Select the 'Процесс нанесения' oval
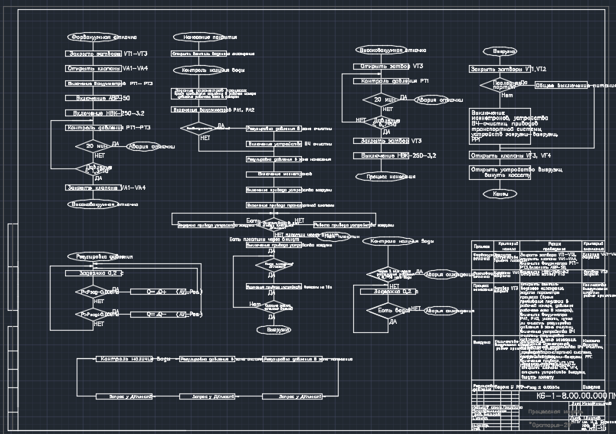tap(386, 176)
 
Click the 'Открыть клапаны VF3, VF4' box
tap(508, 155)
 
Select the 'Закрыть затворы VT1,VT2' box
tap(502, 69)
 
